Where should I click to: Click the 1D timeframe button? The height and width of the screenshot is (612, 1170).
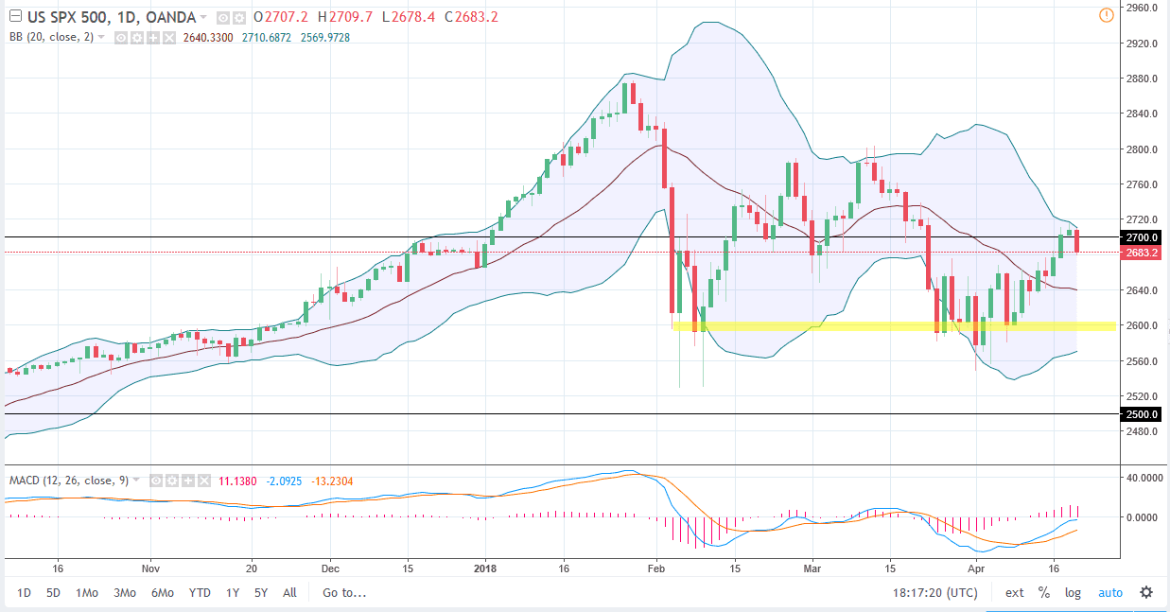tap(25, 593)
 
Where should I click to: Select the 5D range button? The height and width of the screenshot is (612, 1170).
tap(55, 593)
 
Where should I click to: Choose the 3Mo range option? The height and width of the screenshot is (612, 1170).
tap(124, 593)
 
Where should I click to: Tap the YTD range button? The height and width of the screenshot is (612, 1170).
tap(200, 593)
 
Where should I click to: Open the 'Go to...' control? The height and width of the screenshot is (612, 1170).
tap(343, 593)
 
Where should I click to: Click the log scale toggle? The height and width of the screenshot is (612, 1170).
tap(1073, 593)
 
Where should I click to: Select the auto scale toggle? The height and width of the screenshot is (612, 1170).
tap(1109, 593)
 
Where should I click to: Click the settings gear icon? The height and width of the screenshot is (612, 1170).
tap(1146, 593)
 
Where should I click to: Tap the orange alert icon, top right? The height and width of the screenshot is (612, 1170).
tap(1106, 15)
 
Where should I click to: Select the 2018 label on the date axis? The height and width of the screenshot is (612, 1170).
tap(484, 569)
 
